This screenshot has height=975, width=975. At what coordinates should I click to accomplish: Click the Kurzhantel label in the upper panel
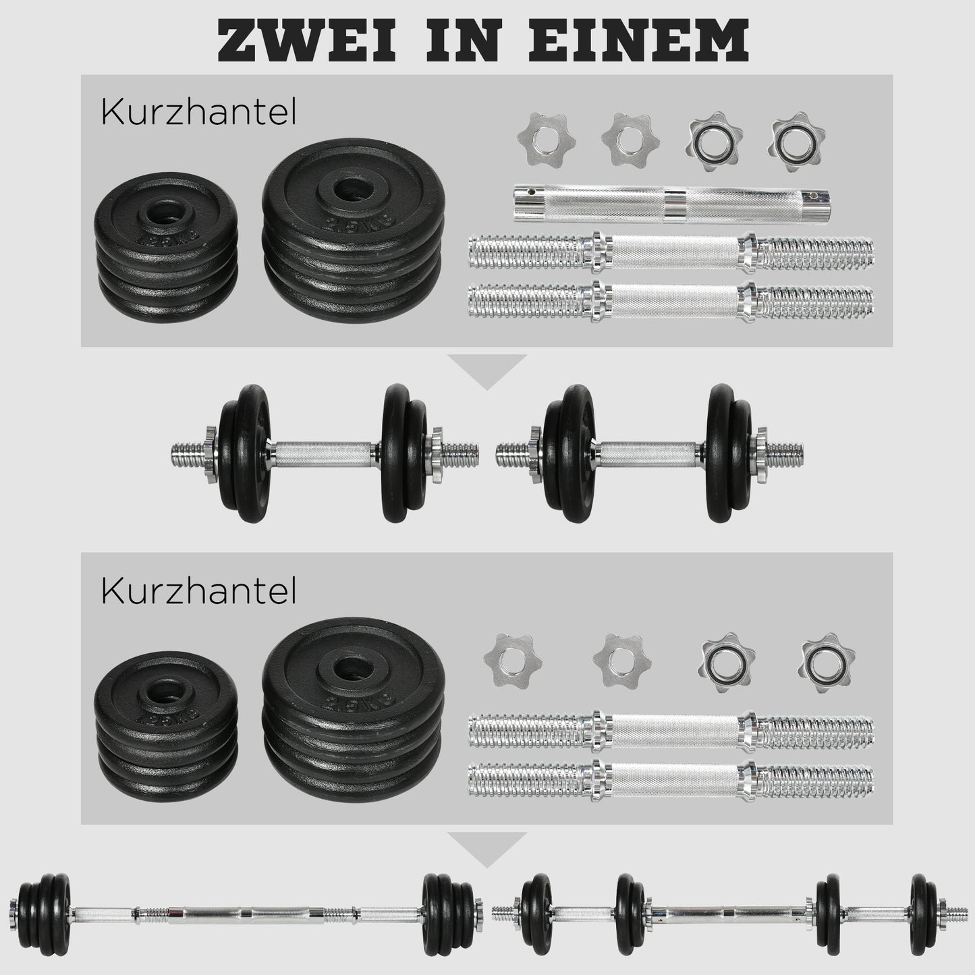pos(198,114)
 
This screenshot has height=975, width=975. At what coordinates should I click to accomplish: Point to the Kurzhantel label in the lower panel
pos(198,592)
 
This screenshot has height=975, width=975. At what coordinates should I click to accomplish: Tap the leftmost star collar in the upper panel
pos(537,138)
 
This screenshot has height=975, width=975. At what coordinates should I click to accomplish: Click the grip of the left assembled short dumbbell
pos(325,450)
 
